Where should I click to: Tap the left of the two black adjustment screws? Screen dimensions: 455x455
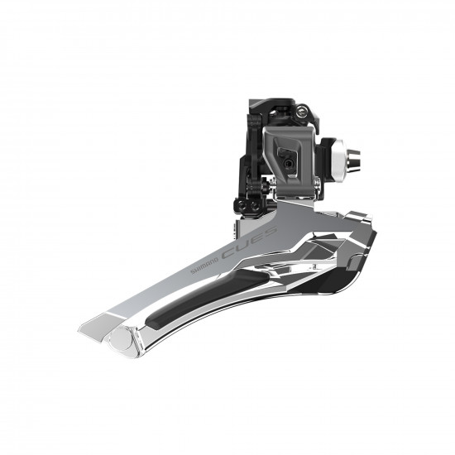coord(241,202)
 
